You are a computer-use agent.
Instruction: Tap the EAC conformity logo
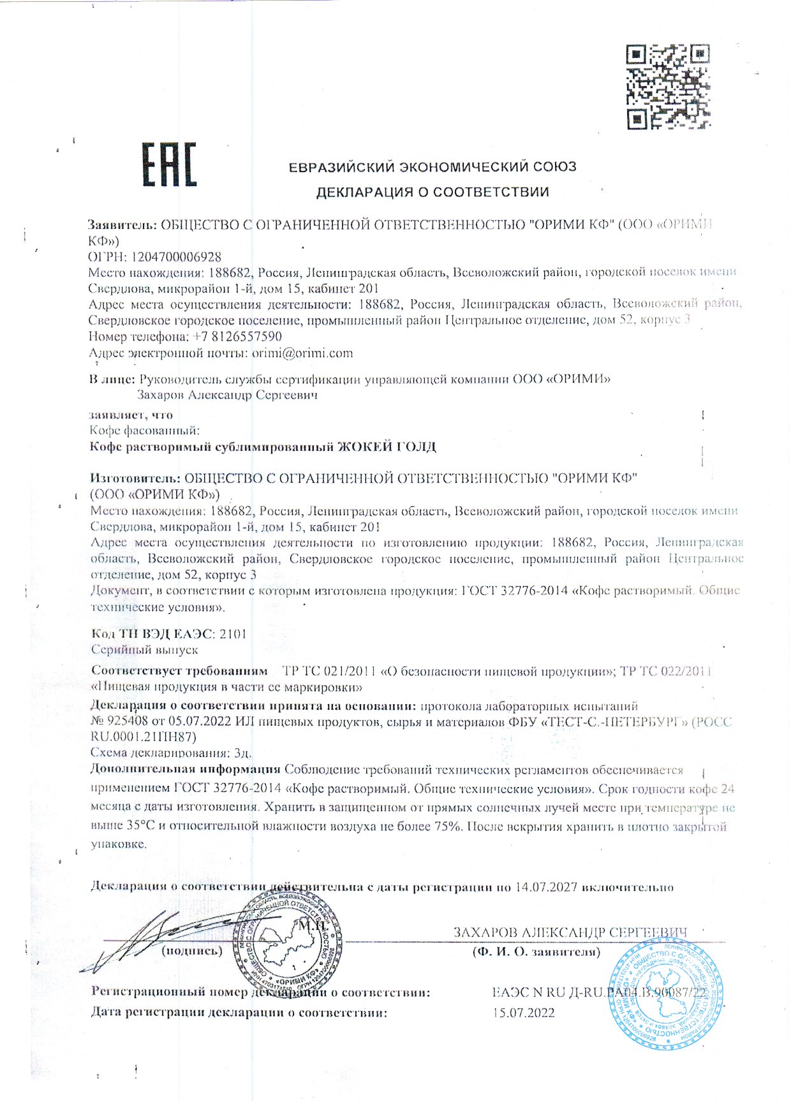click(169, 165)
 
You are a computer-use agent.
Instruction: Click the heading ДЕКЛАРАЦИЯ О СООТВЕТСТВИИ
click(432, 192)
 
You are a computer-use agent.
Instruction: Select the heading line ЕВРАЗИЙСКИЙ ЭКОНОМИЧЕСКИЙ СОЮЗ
click(432, 167)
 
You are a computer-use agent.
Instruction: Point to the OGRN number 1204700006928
click(176, 257)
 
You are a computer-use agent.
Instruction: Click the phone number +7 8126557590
click(236, 336)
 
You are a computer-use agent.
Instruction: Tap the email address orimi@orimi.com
click(302, 353)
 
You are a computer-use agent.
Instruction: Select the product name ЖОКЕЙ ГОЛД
click(387, 447)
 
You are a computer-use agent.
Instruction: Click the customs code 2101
click(232, 634)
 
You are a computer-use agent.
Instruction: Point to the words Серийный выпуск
click(144, 650)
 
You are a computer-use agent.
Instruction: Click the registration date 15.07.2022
click(524, 1013)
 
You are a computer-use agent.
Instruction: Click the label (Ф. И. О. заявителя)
click(536, 952)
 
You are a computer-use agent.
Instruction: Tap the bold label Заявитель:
click(122, 225)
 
